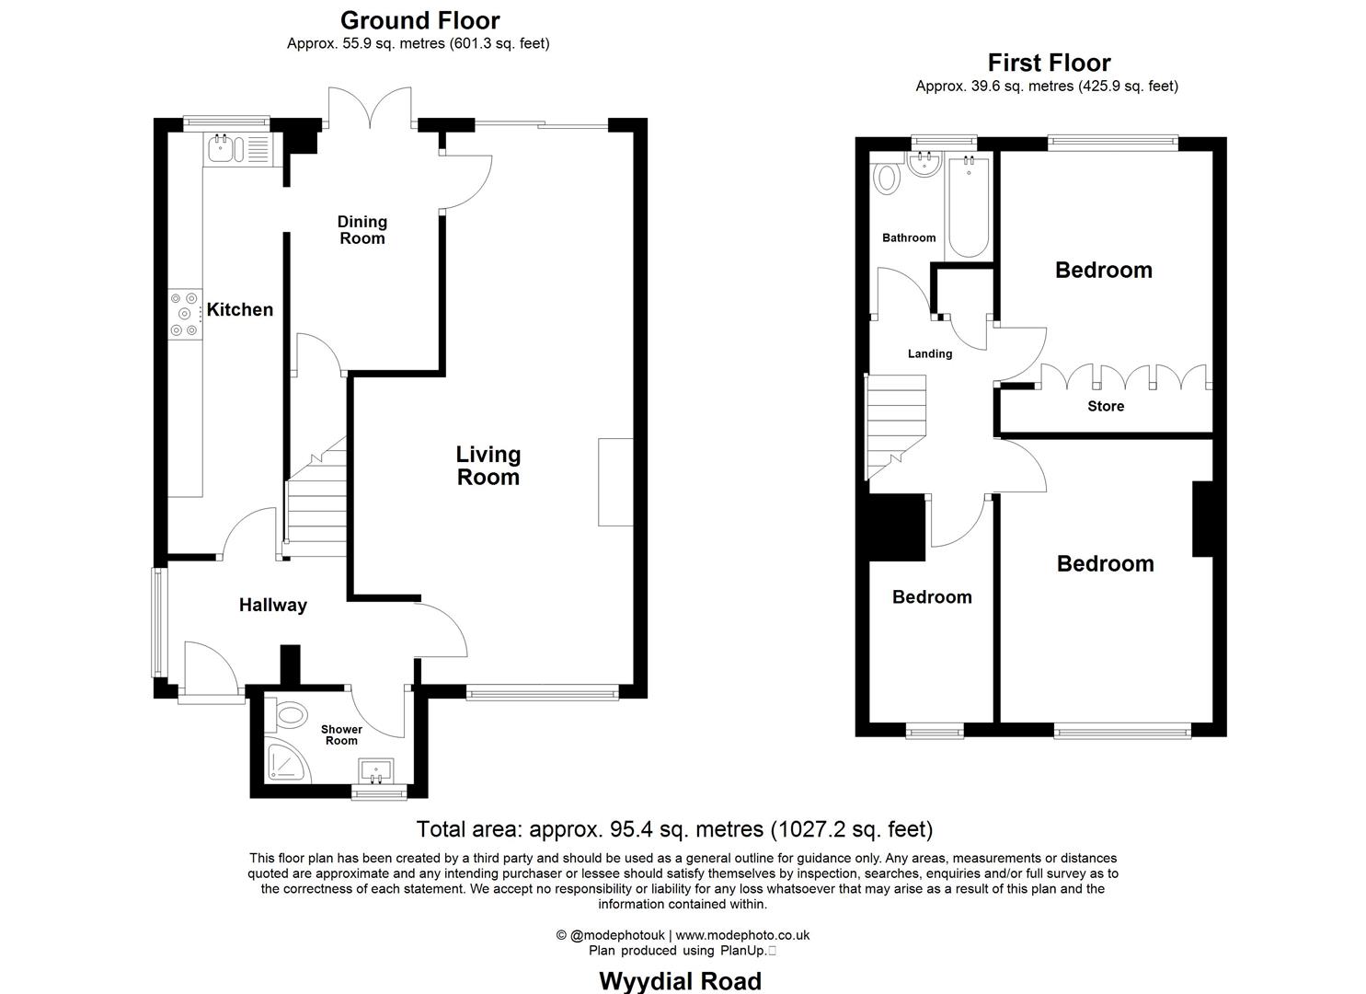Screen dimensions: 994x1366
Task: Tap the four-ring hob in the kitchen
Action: click(184, 314)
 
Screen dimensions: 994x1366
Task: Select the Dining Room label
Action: click(362, 230)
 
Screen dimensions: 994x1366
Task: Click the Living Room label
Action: click(488, 466)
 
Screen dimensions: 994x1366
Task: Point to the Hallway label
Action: click(272, 605)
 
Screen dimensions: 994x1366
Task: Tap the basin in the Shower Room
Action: click(377, 769)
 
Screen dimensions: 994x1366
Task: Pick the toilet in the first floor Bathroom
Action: click(887, 177)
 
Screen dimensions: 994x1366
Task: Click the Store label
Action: click(1106, 406)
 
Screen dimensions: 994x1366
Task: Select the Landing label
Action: click(930, 353)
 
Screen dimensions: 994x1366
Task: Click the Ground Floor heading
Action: click(419, 20)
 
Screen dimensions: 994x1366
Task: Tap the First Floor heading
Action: click(1049, 63)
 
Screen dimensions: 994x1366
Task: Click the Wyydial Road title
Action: click(680, 981)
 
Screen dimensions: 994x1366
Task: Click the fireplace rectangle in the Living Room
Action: click(615, 481)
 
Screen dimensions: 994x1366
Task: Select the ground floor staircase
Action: click(316, 502)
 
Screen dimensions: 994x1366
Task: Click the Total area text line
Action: click(674, 829)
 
